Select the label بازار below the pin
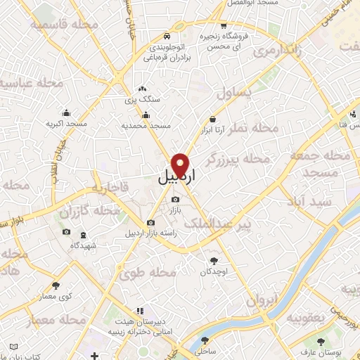click(175, 210)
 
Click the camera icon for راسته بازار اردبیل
click(150, 223)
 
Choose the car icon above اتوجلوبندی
click(165, 34)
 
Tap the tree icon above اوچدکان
click(214, 260)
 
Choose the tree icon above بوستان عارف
click(321, 342)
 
